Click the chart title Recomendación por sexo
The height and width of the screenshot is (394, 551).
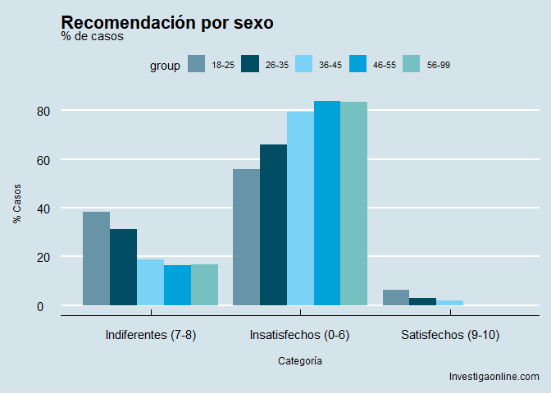(x=167, y=23)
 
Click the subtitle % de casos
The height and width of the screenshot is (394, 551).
(x=92, y=36)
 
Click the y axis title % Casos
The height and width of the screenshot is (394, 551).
(x=17, y=204)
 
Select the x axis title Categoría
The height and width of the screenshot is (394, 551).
(x=300, y=361)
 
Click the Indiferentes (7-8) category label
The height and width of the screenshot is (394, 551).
(x=151, y=335)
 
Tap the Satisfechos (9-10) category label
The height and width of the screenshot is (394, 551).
(x=450, y=335)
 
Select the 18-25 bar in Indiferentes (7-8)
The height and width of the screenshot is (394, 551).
(x=96, y=259)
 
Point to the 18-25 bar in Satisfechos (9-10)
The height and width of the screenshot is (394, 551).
(x=396, y=298)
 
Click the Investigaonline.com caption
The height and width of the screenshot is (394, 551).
(x=494, y=377)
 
